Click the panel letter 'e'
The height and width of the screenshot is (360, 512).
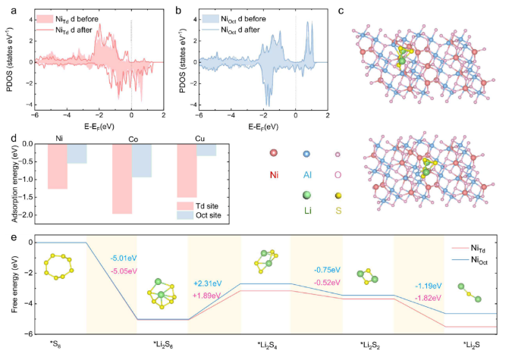[x=8, y=236]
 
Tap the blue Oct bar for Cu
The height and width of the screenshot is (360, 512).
[x=206, y=150]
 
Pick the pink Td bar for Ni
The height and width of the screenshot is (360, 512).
[x=57, y=166]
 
